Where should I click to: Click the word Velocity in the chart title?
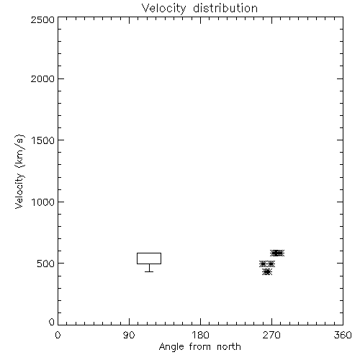[164, 9]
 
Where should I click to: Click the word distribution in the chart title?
[225, 8]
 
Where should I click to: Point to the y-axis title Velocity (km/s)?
[19, 172]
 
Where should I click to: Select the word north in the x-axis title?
[229, 346]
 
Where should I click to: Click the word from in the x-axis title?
[200, 346]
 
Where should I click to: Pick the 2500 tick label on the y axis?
[42, 19]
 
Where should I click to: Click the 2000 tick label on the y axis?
[42, 78]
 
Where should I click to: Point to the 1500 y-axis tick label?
[43, 140]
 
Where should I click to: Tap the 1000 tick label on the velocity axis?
[43, 202]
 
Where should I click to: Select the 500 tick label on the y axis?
[46, 264]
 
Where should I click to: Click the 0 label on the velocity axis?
[52, 322]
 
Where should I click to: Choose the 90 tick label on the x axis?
[129, 335]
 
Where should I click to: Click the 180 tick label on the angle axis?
[200, 335]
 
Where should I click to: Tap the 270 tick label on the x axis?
[271, 335]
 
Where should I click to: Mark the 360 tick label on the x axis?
[343, 335]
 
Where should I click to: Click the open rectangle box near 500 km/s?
[149, 253]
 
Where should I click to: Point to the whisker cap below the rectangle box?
[149, 271]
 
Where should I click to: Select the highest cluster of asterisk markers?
[277, 253]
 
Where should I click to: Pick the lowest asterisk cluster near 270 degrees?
[267, 271]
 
